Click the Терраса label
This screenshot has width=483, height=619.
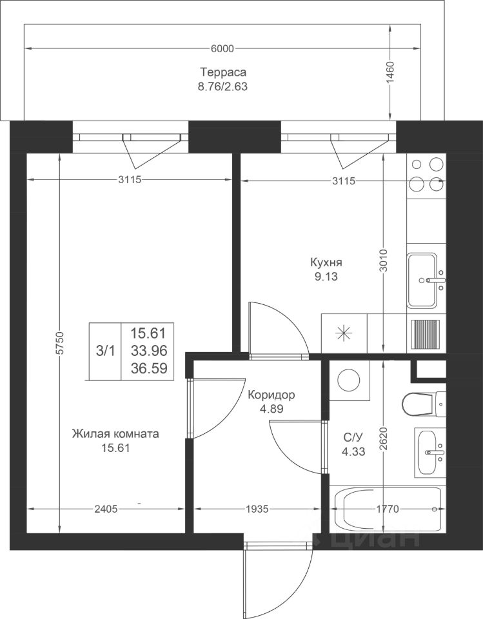pos(222,72)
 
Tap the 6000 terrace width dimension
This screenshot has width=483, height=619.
pos(222,48)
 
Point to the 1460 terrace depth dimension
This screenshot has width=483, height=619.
pos(390,72)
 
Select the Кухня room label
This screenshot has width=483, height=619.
pos(326,262)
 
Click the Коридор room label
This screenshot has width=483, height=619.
pos(271,395)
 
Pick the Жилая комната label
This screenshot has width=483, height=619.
pos(115,434)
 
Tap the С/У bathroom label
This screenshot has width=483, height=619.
pos(353,437)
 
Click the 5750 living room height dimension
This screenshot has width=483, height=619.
pos(59,343)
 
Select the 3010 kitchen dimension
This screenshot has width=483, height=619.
pos(384,261)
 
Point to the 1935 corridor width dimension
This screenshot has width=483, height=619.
pos(257,509)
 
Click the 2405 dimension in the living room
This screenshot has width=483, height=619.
pos(106,509)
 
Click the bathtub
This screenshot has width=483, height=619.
pos(388,509)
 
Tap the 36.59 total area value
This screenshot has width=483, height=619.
pos(149,368)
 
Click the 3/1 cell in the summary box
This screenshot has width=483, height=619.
pos(106,351)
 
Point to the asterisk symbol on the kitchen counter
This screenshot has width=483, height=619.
pos(344,333)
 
